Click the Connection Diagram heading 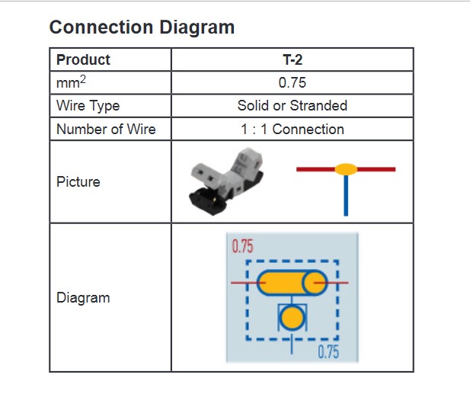(142, 27)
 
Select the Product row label (83, 59)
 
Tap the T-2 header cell (293, 59)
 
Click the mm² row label (71, 82)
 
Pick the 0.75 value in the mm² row (293, 82)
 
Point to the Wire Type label (88, 106)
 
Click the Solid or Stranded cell (293, 106)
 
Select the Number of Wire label (106, 130)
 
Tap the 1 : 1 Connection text (293, 130)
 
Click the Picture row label (78, 181)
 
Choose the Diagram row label (83, 298)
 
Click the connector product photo (226, 181)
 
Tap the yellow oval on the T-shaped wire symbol (346, 169)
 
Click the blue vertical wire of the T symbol (346, 195)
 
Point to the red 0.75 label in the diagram (242, 246)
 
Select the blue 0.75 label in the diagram (328, 352)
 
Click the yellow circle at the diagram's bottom (293, 318)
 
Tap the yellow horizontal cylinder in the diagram (292, 283)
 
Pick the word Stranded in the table (318, 106)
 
